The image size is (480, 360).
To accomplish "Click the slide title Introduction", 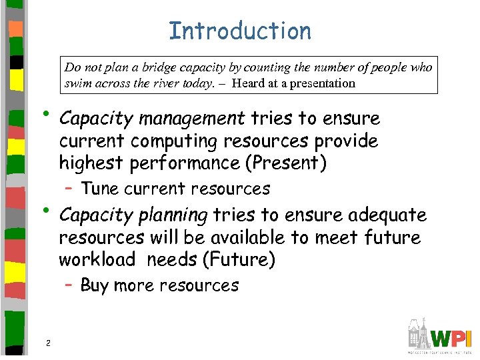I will coord(240,31).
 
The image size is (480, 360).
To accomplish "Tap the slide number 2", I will coord(48,343).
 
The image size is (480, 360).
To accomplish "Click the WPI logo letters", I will coord(451,335).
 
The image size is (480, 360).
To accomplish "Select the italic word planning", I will coord(175,215).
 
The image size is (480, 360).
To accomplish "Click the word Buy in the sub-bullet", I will coord(94,286).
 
